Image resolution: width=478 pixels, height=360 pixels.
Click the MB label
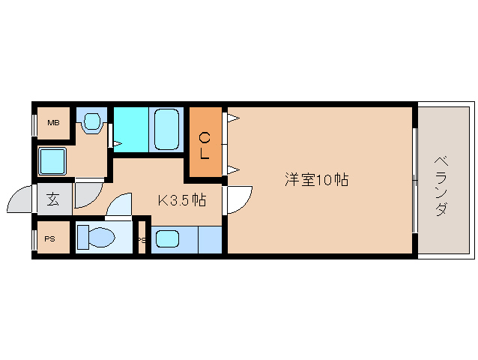53,122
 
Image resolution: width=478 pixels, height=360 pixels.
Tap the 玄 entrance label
54,199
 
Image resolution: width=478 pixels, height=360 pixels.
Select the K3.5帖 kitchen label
181,200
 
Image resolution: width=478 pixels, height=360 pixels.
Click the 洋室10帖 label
316,180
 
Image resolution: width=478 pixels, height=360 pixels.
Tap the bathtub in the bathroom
166,129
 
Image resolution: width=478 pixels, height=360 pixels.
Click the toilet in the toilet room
96,238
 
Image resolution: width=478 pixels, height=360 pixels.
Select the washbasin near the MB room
92,121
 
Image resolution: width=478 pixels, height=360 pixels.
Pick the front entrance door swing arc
20,201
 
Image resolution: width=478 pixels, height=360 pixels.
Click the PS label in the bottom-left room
50,239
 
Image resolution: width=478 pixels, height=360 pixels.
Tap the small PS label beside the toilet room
141,240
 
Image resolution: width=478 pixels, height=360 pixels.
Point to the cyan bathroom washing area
131,129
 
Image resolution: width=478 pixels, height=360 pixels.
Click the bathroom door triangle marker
116,142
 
